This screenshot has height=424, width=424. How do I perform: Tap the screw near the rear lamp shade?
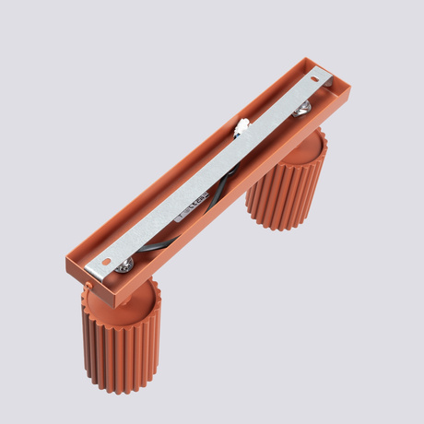301,111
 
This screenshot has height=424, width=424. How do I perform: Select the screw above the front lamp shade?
124,265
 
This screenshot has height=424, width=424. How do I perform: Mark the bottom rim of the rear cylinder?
277,226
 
